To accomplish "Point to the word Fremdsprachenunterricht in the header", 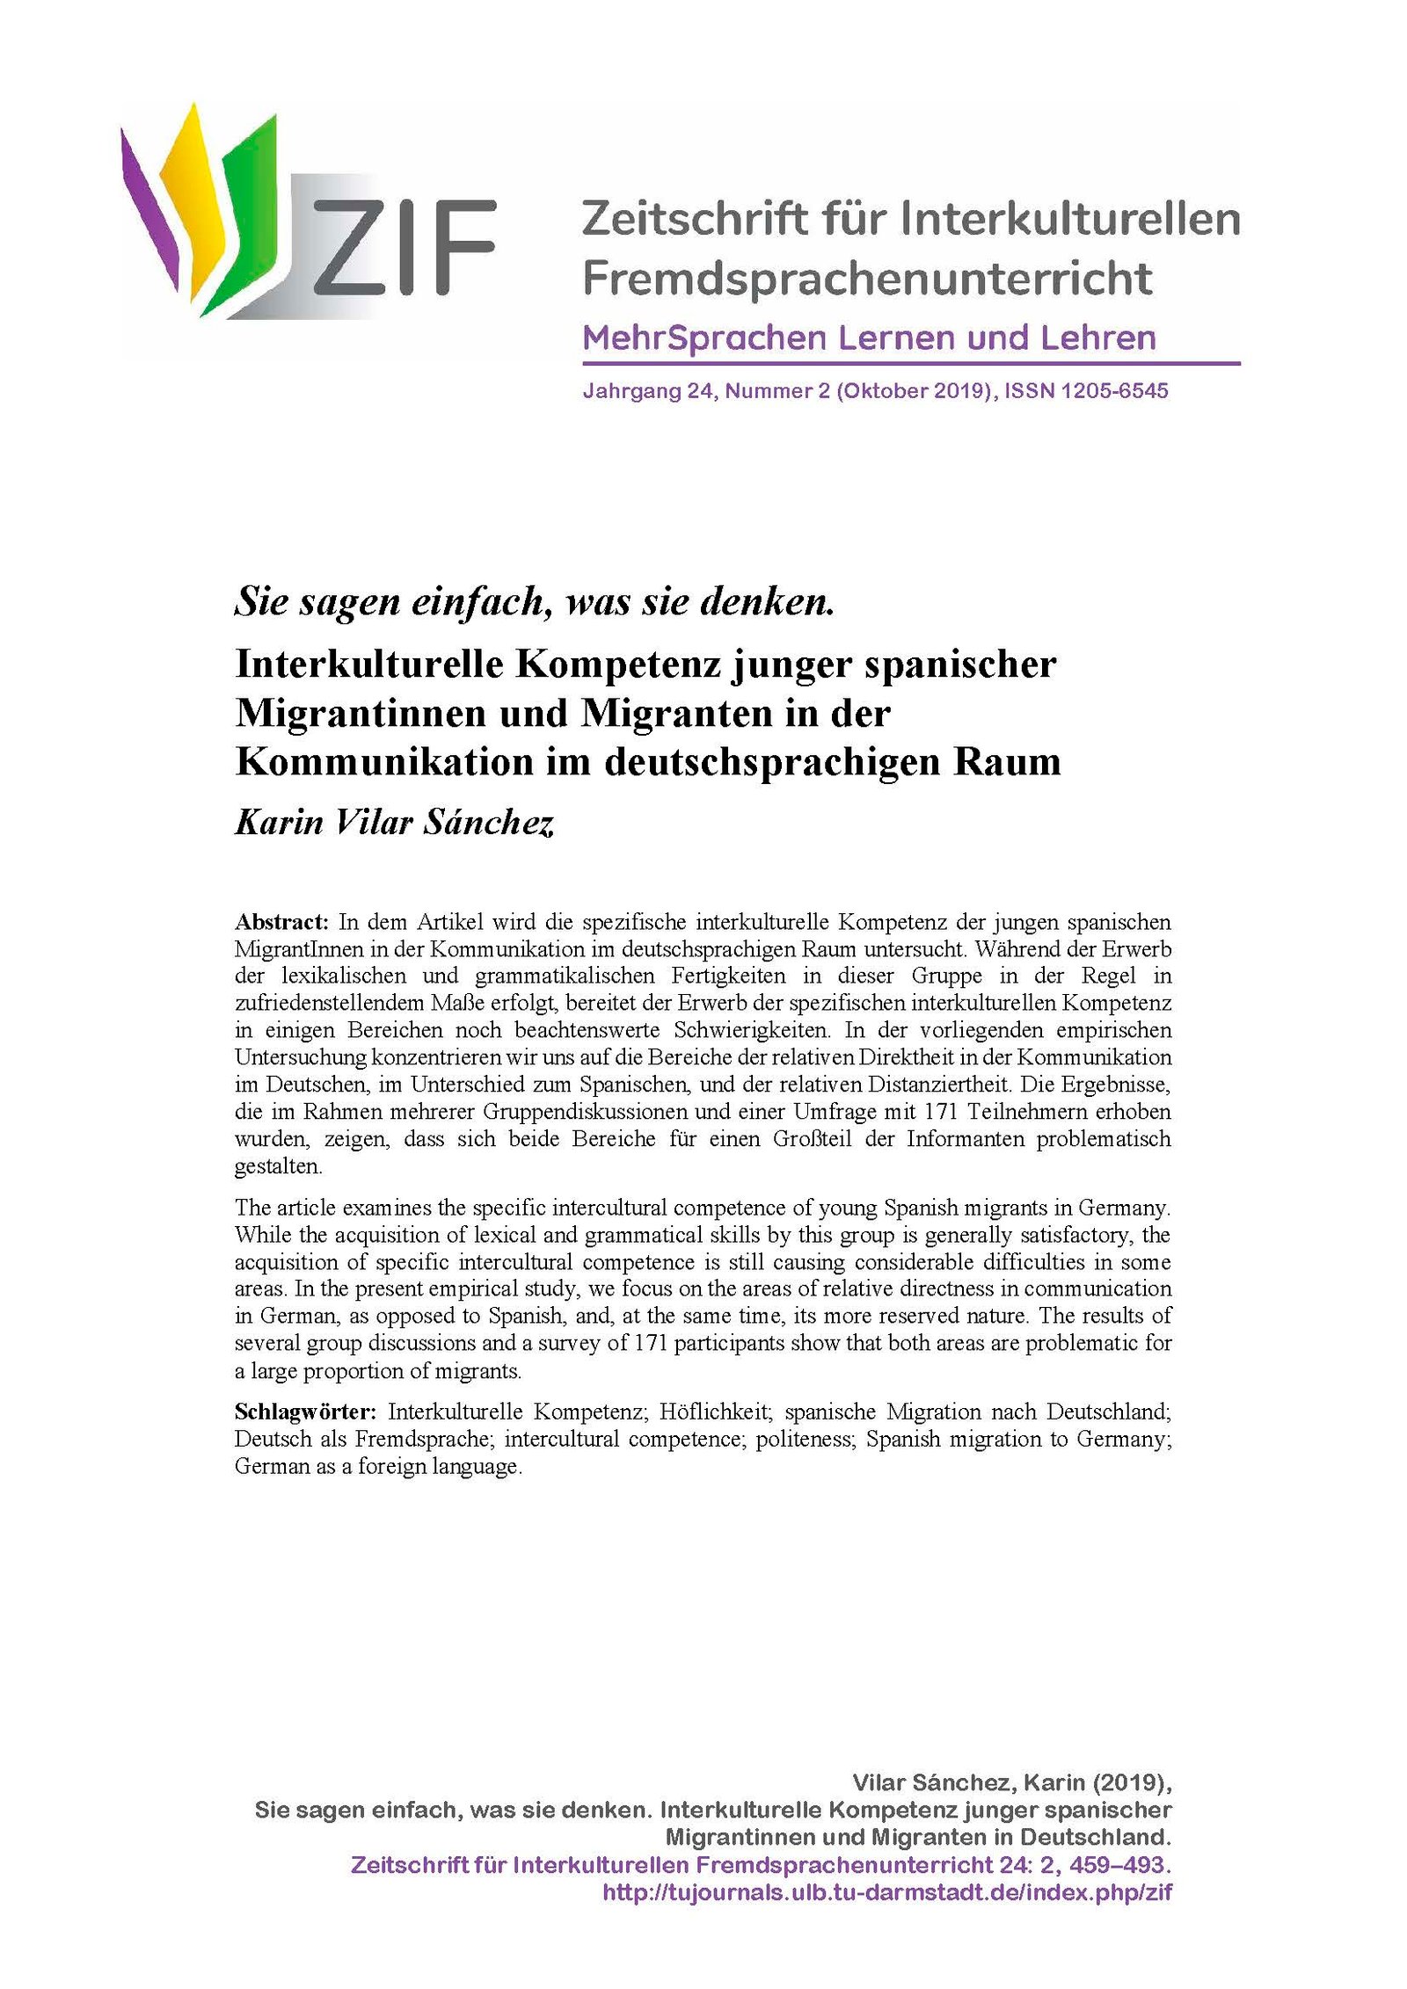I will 867,279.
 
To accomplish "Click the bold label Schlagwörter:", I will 305,1412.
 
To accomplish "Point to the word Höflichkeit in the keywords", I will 716,1412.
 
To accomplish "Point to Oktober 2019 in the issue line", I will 910,391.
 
